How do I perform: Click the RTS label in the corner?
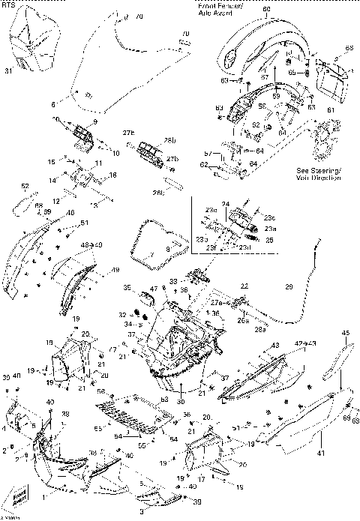click(9, 4)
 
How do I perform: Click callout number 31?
click(8, 71)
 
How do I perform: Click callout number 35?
click(127, 287)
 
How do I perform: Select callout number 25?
click(271, 240)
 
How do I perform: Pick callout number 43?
click(275, 345)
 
